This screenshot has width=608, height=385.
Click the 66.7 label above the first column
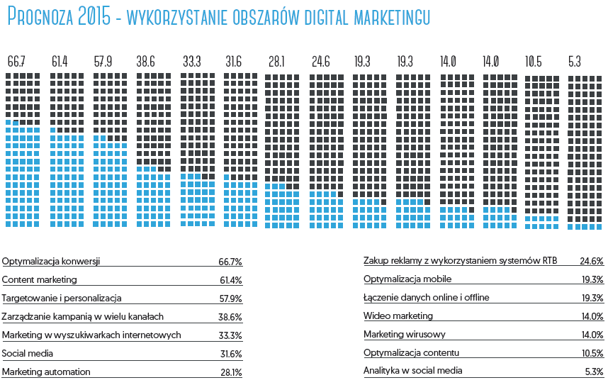[16, 62]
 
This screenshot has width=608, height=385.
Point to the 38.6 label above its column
[146, 62]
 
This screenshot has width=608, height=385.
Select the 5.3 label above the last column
[575, 62]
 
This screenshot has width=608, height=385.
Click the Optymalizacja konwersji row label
[51, 261]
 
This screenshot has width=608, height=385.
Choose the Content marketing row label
[40, 279]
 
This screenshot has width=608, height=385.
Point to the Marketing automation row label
[46, 372]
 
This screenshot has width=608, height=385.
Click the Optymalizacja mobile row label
[407, 279]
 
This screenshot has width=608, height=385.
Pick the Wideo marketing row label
[398, 316]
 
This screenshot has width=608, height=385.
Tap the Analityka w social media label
[413, 370]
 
